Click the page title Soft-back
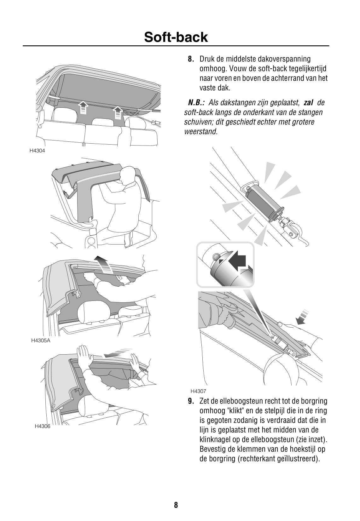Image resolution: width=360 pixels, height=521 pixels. [176, 37]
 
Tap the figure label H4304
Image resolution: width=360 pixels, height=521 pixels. [37, 151]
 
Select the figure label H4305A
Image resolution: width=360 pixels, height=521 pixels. [41, 341]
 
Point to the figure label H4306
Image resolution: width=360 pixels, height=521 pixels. [42, 426]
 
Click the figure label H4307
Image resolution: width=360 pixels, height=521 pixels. [198, 391]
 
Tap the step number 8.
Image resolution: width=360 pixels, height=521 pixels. [191, 59]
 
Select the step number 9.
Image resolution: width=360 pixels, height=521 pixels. [191, 401]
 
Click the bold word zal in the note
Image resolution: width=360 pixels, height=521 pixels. [308, 103]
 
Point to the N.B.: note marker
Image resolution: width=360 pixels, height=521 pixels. [196, 103]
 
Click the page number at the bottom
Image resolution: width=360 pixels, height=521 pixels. [176, 505]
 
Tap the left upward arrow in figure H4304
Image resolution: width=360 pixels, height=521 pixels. [83, 108]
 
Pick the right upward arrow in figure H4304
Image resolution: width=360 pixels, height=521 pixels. [118, 112]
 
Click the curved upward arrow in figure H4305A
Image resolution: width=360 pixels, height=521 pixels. [105, 265]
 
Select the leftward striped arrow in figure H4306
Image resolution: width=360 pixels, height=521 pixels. [117, 353]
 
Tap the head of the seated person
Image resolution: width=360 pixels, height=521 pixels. [128, 174]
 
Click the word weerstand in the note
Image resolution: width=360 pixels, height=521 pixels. [201, 132]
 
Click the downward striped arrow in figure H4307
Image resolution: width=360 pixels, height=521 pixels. [303, 317]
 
